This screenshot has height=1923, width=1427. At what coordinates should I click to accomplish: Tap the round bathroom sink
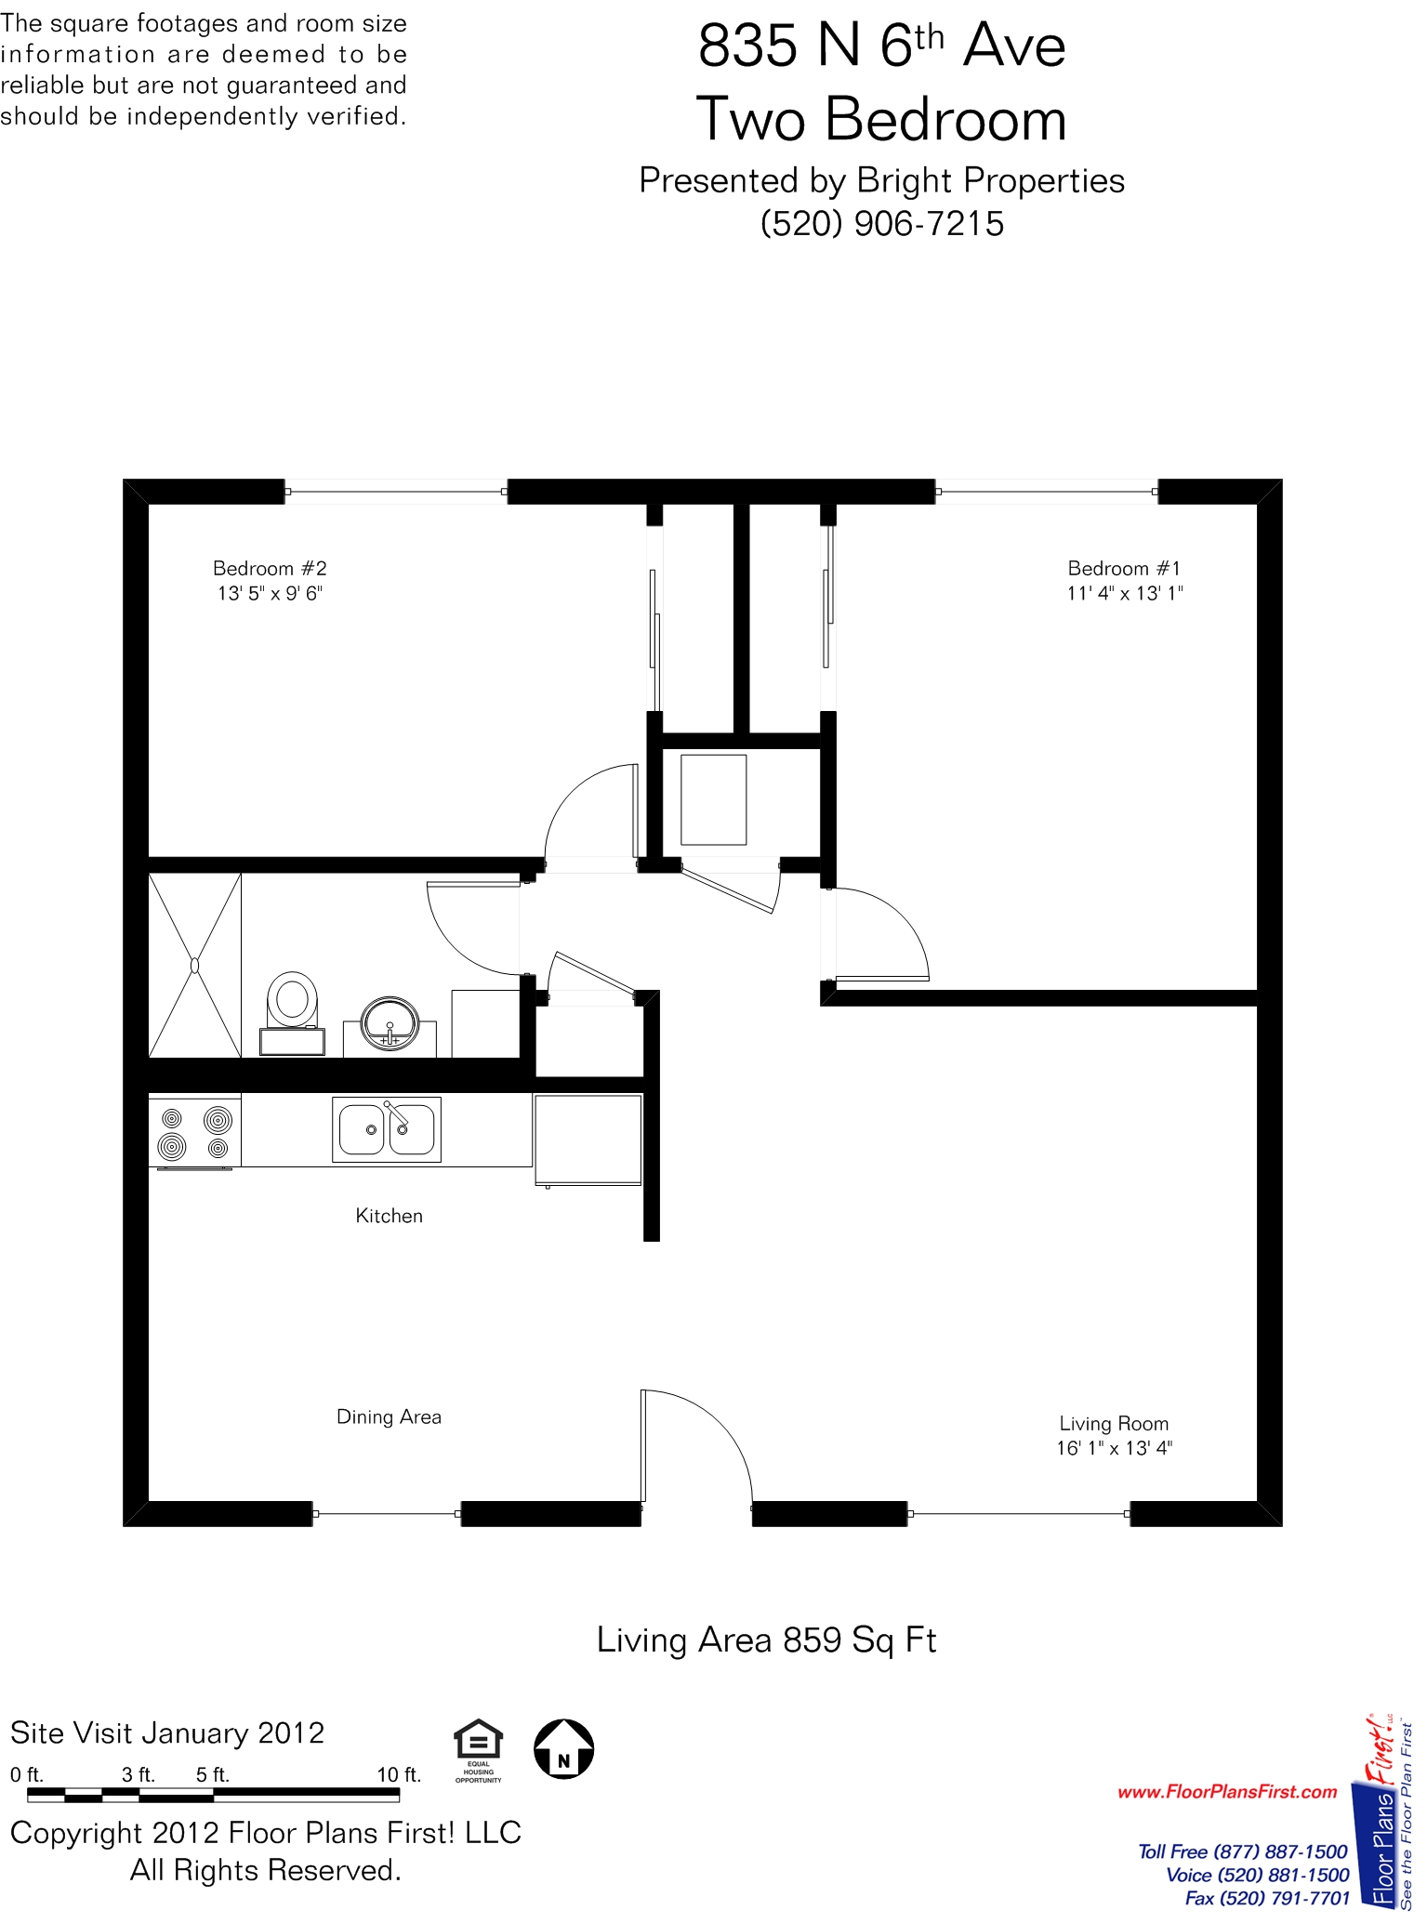(390, 1023)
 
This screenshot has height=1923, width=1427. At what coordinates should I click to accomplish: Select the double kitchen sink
(387, 1129)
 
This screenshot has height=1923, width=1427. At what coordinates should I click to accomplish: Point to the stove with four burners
(195, 1132)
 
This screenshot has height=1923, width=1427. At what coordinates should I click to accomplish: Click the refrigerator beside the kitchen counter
(588, 1139)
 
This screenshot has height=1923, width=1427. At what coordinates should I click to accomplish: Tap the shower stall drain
(194, 966)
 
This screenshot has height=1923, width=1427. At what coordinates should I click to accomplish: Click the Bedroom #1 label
(1124, 568)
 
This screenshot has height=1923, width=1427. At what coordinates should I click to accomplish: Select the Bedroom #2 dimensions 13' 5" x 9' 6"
(270, 593)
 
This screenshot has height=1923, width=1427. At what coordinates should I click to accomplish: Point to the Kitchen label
(389, 1216)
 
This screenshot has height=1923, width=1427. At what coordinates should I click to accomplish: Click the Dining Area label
(389, 1416)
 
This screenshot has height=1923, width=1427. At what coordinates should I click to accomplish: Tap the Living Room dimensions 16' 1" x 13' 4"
(1115, 1448)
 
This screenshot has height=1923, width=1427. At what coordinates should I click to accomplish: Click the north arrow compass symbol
(564, 1748)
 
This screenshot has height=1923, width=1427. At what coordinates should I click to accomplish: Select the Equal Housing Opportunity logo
(478, 1751)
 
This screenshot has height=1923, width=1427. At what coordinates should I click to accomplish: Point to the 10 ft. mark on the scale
(399, 1774)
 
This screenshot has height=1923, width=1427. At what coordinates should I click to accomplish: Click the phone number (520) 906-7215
(882, 224)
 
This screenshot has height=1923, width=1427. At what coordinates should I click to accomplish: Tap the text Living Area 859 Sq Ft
(766, 1640)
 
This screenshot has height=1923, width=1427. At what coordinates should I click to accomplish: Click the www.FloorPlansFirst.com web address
(1227, 1792)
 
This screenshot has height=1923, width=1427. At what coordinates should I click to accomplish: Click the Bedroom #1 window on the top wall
(1047, 491)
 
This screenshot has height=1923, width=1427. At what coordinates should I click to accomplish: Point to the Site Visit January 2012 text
(167, 1733)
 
